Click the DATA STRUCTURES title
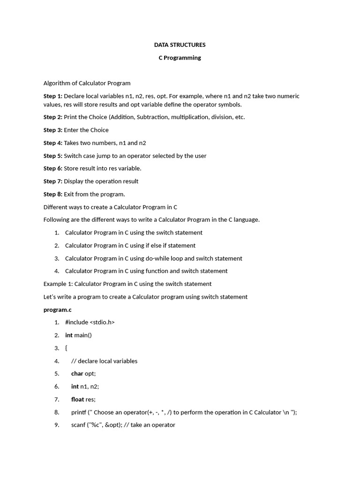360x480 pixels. pos(180,45)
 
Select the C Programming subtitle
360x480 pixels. pos(180,58)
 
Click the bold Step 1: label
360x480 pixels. pos(52,96)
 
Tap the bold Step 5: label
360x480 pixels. pos(52,156)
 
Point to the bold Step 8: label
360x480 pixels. pos(52,194)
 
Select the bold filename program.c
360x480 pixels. pos(58,309)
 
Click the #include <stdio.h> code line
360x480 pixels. pos(90,322)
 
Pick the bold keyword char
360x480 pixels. pos(77,374)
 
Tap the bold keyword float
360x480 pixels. pos(78,399)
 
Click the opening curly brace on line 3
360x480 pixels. pos(66,348)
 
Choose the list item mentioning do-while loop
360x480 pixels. pos(154,258)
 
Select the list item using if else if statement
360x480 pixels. pos(130,245)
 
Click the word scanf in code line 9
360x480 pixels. pos(79,425)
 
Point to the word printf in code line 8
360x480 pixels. pos(79,412)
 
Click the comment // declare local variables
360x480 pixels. pos(104,361)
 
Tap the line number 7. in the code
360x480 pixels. pos(57,399)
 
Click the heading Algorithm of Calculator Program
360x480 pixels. pos(87,83)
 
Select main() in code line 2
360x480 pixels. pos(83,335)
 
